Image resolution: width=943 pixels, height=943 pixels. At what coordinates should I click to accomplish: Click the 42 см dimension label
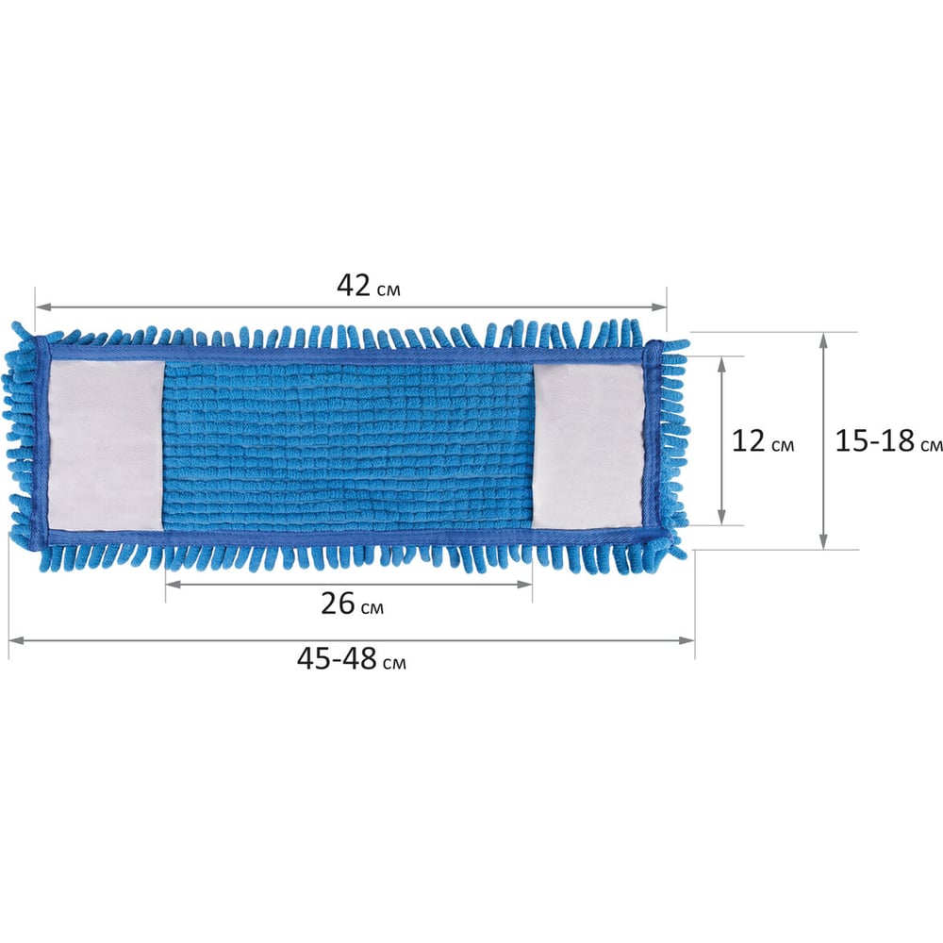(x=368, y=286)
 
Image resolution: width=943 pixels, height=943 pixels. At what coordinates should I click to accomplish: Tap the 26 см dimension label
(x=352, y=604)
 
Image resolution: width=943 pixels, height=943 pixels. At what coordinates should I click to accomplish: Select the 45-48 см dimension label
(x=351, y=659)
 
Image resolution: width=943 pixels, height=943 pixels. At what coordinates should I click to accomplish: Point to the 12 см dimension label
(x=763, y=440)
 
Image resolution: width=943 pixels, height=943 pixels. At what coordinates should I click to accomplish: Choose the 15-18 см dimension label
(x=888, y=440)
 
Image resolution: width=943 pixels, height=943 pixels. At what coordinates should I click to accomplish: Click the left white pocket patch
(x=106, y=446)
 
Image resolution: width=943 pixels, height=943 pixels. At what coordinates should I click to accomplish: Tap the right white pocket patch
(x=588, y=446)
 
